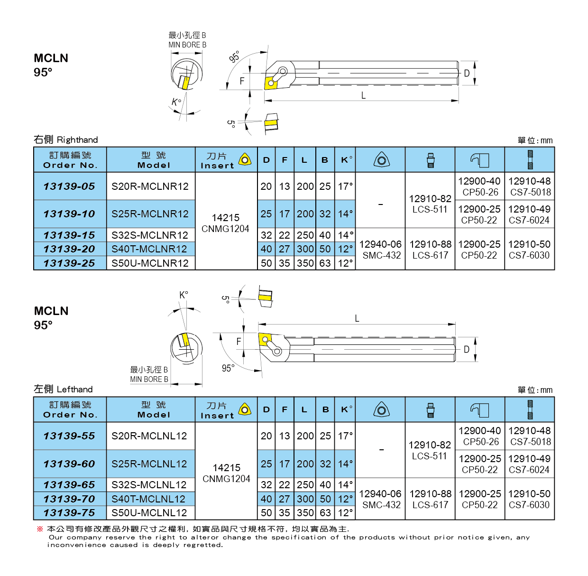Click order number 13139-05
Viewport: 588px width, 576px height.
point(69,186)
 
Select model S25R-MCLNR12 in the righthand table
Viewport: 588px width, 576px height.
point(150,214)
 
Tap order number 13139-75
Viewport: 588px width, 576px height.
point(69,513)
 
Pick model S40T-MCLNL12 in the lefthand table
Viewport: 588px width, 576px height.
point(148,499)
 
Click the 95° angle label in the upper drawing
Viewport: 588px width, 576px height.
point(234,57)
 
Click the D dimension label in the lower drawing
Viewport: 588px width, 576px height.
point(467,350)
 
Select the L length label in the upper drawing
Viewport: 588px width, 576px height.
point(363,95)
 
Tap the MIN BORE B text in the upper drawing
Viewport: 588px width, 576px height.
point(187,45)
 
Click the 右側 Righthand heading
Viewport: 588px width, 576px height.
point(65,139)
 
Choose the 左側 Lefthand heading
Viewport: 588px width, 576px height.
point(63,389)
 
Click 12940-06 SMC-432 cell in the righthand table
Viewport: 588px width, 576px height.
point(380,250)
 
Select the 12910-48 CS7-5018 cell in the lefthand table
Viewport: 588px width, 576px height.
point(530,436)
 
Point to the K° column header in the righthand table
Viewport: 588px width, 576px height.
point(346,160)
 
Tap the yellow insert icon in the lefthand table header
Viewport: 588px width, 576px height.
point(245,409)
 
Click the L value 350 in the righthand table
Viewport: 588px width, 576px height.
point(305,263)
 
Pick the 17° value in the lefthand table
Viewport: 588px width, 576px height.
point(346,436)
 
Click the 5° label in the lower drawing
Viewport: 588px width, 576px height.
point(226,299)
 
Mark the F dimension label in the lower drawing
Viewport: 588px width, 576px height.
point(239,342)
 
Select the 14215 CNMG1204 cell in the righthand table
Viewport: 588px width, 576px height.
point(226,223)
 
